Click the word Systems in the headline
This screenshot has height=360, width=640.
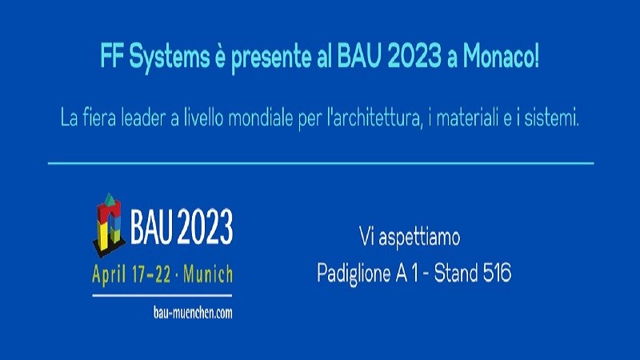[x=169, y=58]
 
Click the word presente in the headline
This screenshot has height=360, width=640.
[x=270, y=58]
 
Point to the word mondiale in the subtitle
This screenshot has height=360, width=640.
[x=261, y=118]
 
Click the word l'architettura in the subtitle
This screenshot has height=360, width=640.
[x=374, y=119]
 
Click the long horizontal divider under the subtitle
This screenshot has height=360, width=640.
[x=321, y=163]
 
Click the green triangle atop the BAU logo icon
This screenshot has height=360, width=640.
[x=109, y=199]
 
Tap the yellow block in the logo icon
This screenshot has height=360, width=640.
[x=102, y=236]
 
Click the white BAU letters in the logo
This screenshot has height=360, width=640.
[x=153, y=227]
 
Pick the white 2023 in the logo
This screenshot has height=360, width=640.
[x=206, y=227]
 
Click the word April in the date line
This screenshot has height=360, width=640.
[x=109, y=274]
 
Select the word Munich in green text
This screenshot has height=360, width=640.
[x=208, y=274]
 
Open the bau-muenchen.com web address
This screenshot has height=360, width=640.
[x=193, y=313]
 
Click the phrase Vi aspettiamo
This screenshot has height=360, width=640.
[x=410, y=238]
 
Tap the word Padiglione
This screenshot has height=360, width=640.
[x=354, y=274]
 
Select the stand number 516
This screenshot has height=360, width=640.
[x=497, y=272]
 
